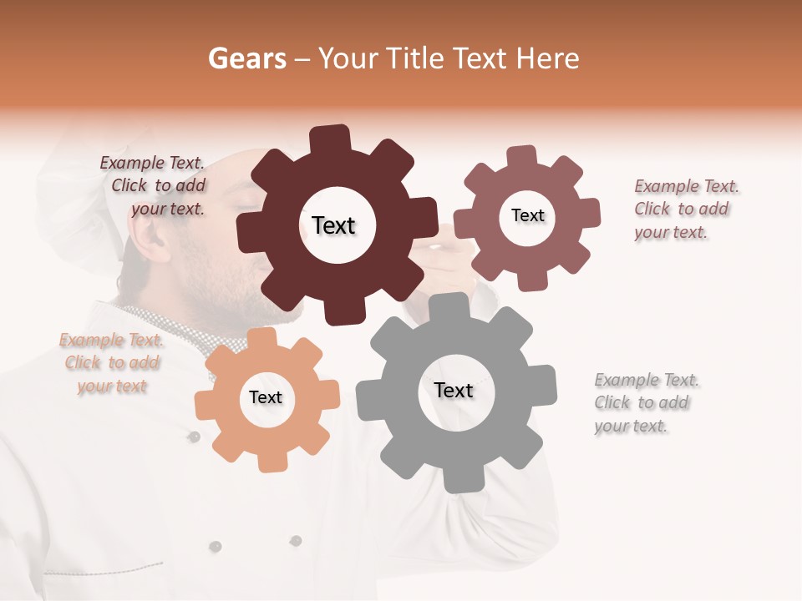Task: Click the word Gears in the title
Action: click(246, 58)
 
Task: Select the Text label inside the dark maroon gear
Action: click(333, 225)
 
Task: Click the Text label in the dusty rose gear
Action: click(527, 215)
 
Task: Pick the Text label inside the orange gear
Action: click(266, 397)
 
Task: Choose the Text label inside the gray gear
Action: click(454, 390)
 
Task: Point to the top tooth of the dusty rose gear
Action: click(522, 157)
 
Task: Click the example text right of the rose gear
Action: click(685, 209)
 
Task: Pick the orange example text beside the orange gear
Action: click(111, 363)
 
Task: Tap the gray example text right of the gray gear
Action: click(646, 402)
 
